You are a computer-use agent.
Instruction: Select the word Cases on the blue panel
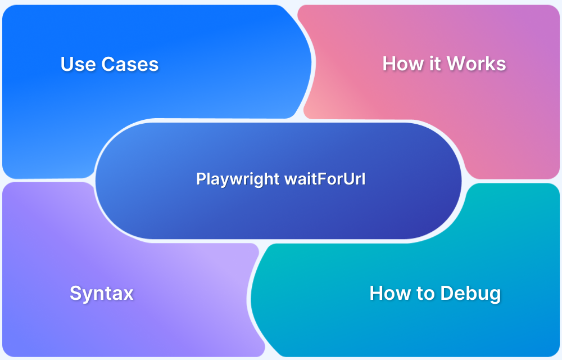click(130, 64)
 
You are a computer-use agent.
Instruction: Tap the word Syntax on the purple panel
click(101, 293)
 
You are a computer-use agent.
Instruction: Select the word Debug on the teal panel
click(470, 293)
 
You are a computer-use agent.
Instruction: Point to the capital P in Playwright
click(200, 179)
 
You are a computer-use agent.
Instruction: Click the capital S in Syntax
click(75, 293)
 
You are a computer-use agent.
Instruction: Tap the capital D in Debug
click(447, 293)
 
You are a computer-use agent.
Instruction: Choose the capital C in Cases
click(108, 64)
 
